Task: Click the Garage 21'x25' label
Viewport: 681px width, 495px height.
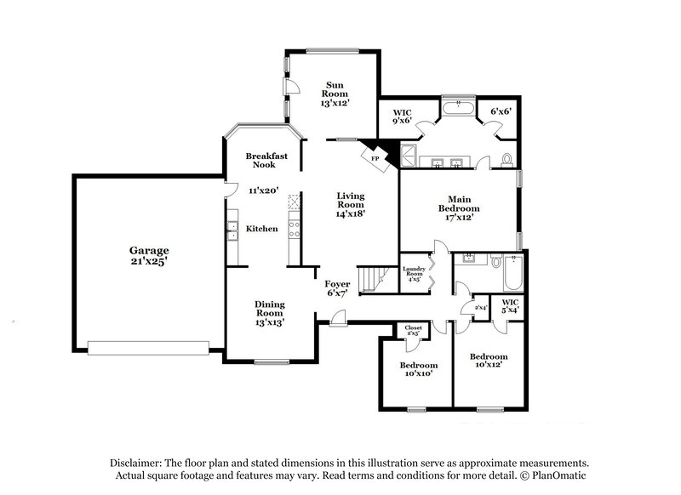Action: coord(149,257)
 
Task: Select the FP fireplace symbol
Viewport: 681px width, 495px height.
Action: coord(375,156)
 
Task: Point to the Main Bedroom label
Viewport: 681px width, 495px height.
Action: coord(459,208)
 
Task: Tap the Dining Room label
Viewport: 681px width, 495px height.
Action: coord(270,312)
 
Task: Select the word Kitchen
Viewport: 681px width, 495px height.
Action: coord(261,229)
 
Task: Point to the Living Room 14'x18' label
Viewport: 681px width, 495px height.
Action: coord(350,204)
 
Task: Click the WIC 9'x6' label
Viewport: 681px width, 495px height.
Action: coord(402,116)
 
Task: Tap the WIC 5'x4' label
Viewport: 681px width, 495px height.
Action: coord(510,305)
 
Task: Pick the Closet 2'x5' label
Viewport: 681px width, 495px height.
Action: coord(413,330)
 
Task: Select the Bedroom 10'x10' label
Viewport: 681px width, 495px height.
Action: coord(418,370)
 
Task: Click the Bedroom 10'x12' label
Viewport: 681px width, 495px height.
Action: coord(489,360)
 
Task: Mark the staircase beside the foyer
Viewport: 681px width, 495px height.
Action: coord(371,279)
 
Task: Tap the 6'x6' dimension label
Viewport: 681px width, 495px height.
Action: coord(500,111)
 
